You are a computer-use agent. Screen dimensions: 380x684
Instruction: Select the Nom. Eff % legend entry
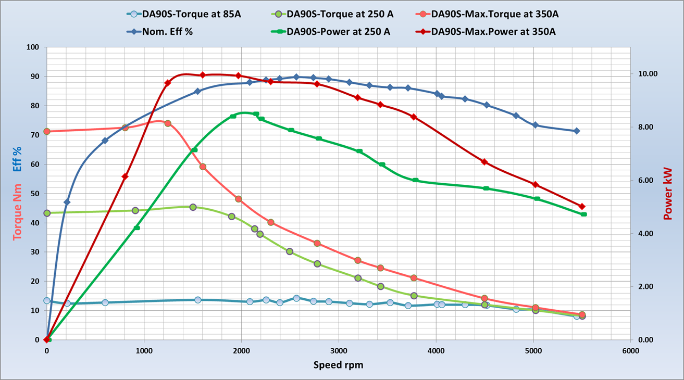click(166, 32)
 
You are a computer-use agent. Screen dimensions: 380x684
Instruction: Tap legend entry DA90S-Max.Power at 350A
click(493, 32)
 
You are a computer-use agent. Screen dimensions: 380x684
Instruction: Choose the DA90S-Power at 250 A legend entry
click(338, 32)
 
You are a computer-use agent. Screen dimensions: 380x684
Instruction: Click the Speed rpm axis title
click(338, 365)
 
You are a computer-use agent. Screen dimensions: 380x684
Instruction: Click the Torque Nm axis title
click(18, 211)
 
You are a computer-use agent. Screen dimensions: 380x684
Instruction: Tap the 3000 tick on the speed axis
click(339, 351)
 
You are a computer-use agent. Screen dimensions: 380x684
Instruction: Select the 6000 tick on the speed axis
click(630, 351)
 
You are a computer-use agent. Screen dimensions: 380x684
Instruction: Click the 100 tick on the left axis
click(33, 47)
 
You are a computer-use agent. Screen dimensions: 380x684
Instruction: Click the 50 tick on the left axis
click(34, 194)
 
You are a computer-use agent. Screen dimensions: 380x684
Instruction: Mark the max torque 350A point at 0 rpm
click(47, 131)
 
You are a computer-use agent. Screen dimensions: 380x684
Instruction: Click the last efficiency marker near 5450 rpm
click(576, 131)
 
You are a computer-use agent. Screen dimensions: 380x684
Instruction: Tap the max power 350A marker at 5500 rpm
click(582, 207)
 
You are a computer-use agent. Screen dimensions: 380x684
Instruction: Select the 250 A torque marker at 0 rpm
click(47, 213)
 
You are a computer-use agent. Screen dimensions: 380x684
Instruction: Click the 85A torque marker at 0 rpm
click(47, 300)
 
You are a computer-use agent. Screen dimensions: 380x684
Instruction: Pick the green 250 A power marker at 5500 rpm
click(583, 214)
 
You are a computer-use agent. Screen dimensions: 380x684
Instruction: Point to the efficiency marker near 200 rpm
click(67, 202)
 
